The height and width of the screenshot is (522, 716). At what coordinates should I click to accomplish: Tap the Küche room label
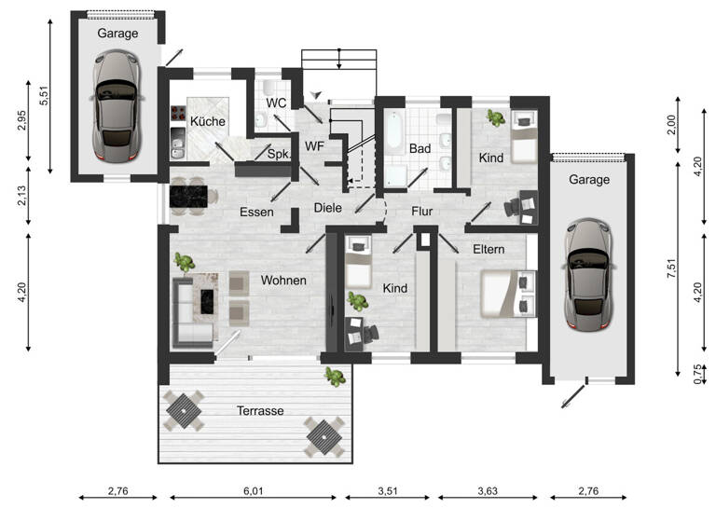coord(207,121)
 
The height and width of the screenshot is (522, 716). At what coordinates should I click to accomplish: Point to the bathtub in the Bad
coord(394,133)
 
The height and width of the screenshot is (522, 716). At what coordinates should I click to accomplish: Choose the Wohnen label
coord(284,280)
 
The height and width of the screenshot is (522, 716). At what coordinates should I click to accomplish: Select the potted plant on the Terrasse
coord(333,376)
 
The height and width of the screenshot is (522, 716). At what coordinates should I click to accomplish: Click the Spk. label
coord(278,154)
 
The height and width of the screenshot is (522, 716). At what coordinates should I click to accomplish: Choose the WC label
coord(276,102)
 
